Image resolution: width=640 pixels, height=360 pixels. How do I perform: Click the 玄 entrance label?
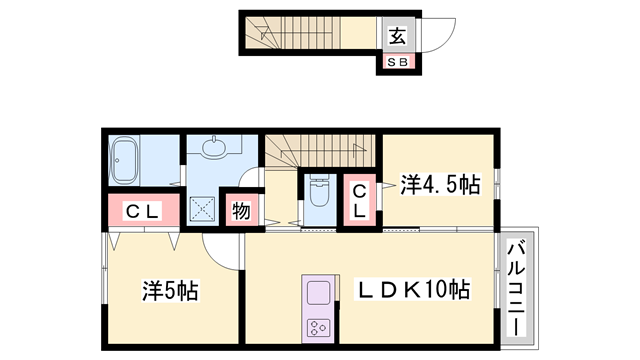point(397,37)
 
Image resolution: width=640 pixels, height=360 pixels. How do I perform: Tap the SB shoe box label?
point(397,63)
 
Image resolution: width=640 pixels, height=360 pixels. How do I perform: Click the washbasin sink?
point(214,149)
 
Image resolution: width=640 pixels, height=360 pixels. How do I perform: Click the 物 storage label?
point(241,211)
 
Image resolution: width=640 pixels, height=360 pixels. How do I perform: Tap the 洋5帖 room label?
point(170,291)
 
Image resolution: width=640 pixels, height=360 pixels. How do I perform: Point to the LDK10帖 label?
point(415,291)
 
